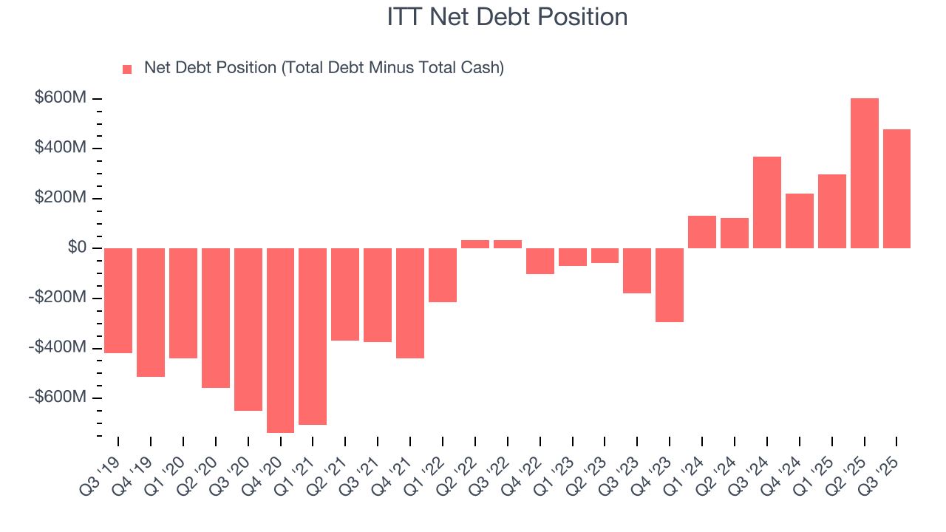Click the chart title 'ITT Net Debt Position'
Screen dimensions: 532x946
click(x=507, y=17)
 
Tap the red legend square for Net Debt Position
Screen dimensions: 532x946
click(x=127, y=69)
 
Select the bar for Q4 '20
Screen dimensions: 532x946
click(x=280, y=340)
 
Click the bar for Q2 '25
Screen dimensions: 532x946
click(x=864, y=173)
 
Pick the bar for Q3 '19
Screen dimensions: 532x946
click(x=118, y=300)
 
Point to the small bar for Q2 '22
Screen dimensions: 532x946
click(x=475, y=244)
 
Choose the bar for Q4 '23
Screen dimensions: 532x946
click(x=670, y=284)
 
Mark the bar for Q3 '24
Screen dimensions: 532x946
click(x=767, y=202)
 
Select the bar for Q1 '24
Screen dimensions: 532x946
click(x=702, y=231)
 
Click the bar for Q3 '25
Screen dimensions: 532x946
click(x=896, y=188)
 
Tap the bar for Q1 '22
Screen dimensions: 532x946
click(x=443, y=275)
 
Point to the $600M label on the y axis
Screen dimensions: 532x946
click(x=61, y=98)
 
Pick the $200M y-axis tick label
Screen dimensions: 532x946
click(x=61, y=198)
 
